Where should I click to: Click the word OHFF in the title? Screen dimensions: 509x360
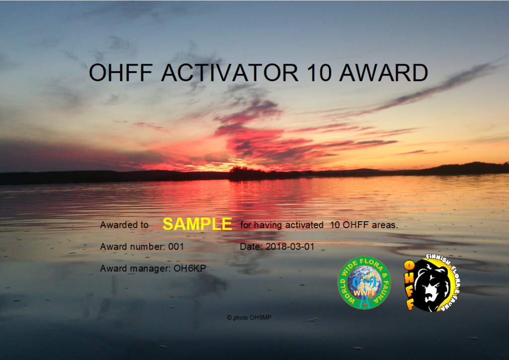(x=121, y=72)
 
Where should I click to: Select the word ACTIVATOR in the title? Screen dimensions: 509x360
(x=230, y=72)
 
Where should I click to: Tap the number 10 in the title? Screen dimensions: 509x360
(x=319, y=72)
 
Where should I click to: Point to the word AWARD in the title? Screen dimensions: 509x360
(x=384, y=72)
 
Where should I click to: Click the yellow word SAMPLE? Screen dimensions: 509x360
(x=197, y=224)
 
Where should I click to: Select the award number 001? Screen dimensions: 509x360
(x=176, y=247)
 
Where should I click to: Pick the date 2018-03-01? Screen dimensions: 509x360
(x=290, y=247)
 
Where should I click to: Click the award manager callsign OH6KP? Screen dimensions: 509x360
(x=190, y=269)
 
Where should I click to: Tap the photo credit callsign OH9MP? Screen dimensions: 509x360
(x=260, y=317)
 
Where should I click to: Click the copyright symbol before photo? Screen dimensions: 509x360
(x=229, y=317)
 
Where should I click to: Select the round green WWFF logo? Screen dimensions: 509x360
(x=364, y=282)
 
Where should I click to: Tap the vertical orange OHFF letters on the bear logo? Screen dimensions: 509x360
(x=410, y=285)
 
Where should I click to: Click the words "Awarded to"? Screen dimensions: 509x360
(x=124, y=225)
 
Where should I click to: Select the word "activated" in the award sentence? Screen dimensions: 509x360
(x=304, y=225)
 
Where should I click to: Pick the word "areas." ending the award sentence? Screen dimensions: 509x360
(x=385, y=225)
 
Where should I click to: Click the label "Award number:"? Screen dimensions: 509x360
(x=133, y=247)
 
